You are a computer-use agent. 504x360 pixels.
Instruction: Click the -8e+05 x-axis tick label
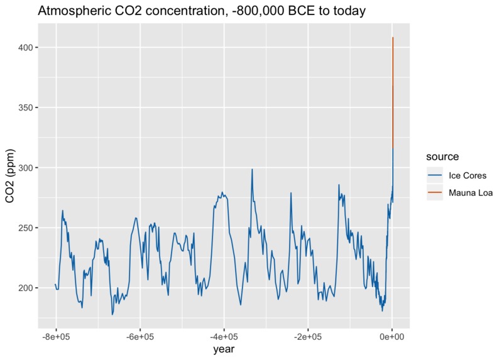click(x=56, y=336)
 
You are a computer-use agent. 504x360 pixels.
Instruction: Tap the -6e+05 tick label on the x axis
click(x=140, y=336)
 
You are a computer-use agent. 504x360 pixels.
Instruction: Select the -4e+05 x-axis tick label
click(x=224, y=336)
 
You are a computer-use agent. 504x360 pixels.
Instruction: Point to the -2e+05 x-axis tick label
click(x=308, y=336)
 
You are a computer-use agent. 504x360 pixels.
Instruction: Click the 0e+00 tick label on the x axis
click(x=392, y=336)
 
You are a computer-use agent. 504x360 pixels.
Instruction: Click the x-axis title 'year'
click(x=224, y=349)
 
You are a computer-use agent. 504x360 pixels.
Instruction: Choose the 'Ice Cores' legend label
click(x=467, y=175)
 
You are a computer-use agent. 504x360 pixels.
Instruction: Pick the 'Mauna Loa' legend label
click(x=469, y=193)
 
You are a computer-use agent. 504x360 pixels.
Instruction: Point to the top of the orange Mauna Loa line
click(x=393, y=38)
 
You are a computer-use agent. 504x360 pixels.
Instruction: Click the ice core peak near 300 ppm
click(x=252, y=169)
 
